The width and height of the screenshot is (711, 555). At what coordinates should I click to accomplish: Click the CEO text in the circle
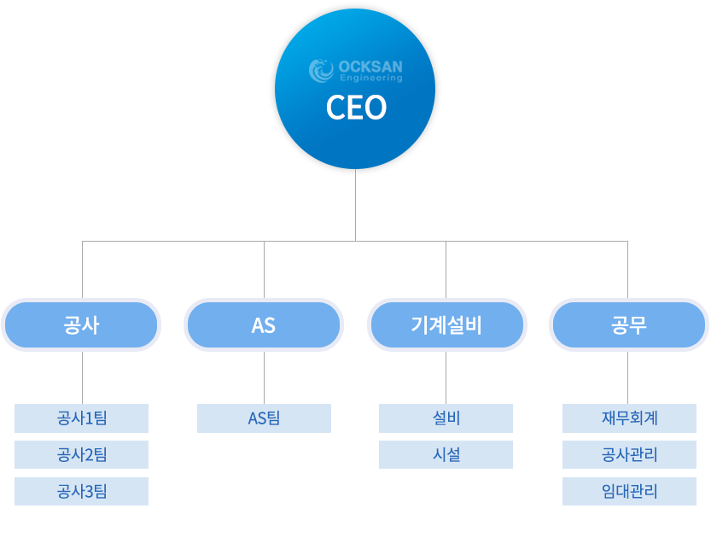(x=356, y=108)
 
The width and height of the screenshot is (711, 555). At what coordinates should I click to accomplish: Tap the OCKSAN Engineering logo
(x=356, y=71)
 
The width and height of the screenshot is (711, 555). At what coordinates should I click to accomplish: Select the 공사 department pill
(x=82, y=325)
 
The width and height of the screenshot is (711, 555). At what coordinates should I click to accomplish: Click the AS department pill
(x=264, y=325)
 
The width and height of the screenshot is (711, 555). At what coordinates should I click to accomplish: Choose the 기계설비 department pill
(x=446, y=325)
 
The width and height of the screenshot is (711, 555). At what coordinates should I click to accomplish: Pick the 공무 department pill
(x=628, y=325)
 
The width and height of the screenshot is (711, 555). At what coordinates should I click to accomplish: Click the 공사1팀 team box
(x=82, y=418)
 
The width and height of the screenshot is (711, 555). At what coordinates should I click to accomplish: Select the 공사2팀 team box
(x=82, y=455)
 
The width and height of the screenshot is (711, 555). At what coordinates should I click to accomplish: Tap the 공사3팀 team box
(x=82, y=492)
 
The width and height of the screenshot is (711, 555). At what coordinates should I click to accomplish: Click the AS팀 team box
(x=264, y=418)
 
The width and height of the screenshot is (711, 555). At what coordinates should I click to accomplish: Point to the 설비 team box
(x=446, y=418)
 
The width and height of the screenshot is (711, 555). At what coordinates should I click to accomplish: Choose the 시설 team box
(x=446, y=455)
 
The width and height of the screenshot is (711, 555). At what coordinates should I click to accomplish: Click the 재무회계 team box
(x=629, y=418)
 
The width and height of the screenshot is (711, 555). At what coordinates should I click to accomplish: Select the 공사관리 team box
(x=629, y=455)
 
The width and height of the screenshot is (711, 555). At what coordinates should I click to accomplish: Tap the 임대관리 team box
(x=629, y=492)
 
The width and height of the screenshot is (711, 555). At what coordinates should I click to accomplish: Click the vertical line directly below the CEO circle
(x=355, y=205)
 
